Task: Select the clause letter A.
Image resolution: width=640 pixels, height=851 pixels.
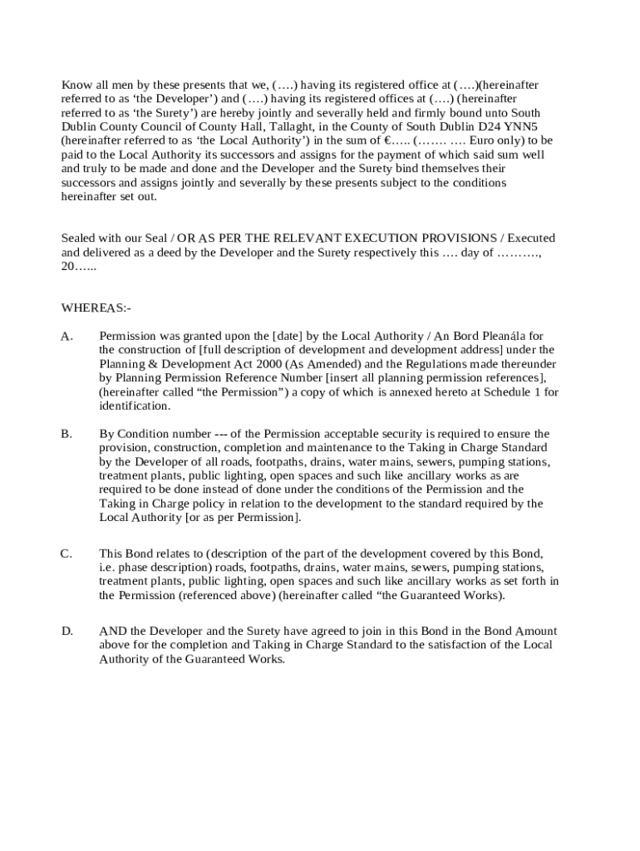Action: point(67,336)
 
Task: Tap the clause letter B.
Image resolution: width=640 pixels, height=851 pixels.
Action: point(66,434)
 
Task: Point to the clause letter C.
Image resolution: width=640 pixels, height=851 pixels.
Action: point(66,553)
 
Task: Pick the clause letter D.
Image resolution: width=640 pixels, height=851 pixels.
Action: point(67,631)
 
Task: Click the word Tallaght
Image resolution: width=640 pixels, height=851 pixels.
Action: point(262,126)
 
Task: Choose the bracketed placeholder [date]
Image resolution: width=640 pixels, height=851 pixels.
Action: point(288,336)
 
